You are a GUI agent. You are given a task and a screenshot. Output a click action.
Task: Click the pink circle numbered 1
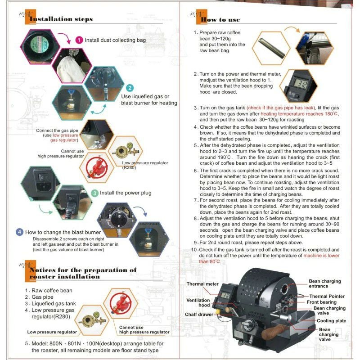click(79, 40)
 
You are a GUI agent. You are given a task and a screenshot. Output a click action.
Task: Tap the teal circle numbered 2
click(129, 88)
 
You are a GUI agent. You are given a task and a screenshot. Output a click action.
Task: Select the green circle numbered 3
click(94, 193)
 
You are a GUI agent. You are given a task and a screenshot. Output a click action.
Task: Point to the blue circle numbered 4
click(19, 232)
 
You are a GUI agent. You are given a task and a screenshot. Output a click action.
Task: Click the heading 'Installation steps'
click(61, 19)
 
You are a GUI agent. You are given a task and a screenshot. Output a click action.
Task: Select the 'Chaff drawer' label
click(199, 314)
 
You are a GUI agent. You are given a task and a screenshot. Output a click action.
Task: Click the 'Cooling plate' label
click(331, 321)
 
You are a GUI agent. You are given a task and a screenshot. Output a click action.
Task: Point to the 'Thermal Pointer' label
click(327, 296)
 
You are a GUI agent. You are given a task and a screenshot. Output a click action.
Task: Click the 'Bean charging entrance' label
click(324, 284)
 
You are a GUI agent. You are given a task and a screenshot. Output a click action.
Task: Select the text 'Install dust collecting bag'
click(114, 40)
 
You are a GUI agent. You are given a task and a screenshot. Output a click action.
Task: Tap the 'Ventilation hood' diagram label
click(198, 302)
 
